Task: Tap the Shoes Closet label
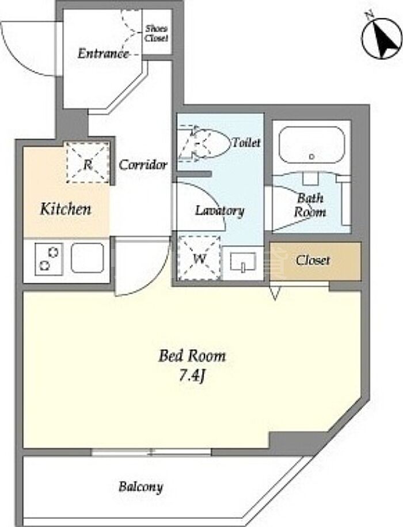pos(156,33)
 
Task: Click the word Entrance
pos(103,54)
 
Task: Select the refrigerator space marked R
pos(88,162)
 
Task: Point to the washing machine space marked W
pos(199,258)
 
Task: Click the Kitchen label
pos(66,209)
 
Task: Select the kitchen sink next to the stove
pos(88,258)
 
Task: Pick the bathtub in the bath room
pos(311,145)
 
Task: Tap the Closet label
pos(313,260)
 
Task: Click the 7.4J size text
pos(192,376)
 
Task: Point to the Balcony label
pos(140,486)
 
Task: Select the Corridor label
pos(143,165)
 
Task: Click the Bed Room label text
pos(192,357)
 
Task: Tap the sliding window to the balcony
pos(151,452)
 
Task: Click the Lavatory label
pos(220,211)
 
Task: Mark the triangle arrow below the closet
pos(275,293)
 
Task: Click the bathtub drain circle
pos(311,156)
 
